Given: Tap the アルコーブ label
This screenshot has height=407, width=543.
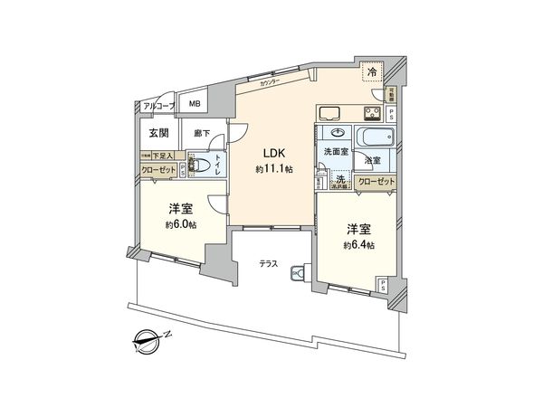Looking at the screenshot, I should point(158,107).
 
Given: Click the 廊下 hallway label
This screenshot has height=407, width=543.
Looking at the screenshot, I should point(202,134).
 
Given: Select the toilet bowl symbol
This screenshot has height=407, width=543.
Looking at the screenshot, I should point(203,166).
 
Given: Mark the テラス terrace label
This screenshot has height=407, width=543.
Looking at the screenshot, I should point(267,265).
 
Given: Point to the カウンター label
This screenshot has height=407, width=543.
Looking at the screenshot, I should point(271,82).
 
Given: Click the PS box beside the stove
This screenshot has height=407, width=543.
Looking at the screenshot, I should point(391,115).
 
